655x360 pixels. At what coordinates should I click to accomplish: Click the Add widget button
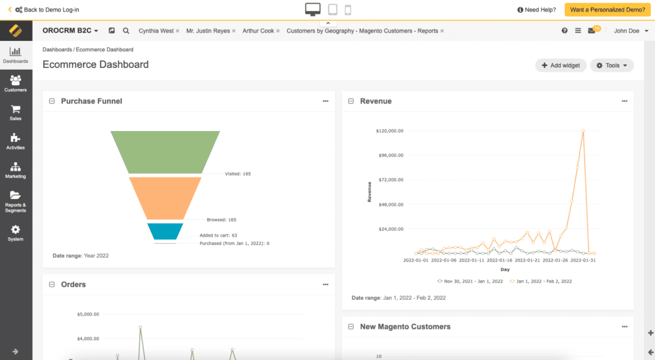pyautogui.click(x=560, y=65)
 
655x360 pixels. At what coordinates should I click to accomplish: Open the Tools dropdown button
pyautogui.click(x=612, y=65)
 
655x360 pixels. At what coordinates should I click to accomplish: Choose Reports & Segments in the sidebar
pyautogui.click(x=15, y=201)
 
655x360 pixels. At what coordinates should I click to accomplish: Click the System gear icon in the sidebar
pyautogui.click(x=15, y=230)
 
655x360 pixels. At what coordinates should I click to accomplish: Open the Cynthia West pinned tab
pyautogui.click(x=156, y=31)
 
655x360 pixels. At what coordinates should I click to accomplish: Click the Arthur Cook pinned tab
pyautogui.click(x=258, y=31)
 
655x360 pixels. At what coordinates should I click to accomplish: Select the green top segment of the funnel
pyautogui.click(x=165, y=152)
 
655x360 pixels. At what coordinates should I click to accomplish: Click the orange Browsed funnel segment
pyautogui.click(x=165, y=198)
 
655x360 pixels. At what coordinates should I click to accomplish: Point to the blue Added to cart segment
pyautogui.click(x=165, y=231)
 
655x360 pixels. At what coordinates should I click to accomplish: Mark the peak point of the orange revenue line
pyautogui.click(x=583, y=130)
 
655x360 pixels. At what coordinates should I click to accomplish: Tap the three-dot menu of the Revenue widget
pyautogui.click(x=624, y=101)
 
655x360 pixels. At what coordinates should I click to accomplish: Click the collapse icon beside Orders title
pyautogui.click(x=52, y=285)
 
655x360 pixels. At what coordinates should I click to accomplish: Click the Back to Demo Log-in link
pyautogui.click(x=47, y=10)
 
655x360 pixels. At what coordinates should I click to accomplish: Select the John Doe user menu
pyautogui.click(x=630, y=31)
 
